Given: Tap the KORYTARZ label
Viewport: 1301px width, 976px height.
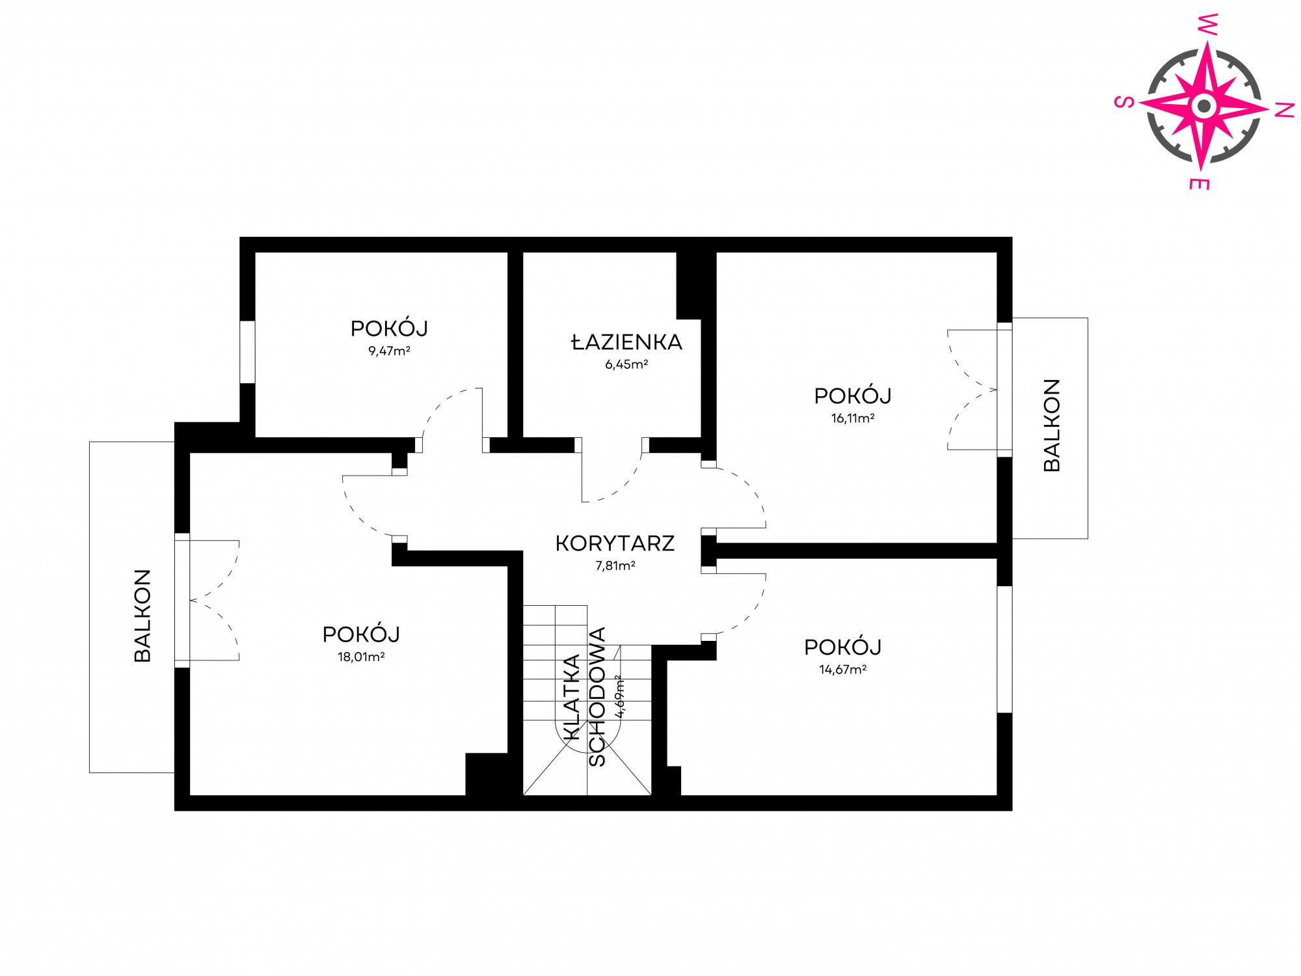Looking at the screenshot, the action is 615,543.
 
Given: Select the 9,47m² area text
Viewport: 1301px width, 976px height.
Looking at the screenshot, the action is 389,351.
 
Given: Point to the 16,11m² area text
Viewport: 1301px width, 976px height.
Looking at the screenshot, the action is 852,418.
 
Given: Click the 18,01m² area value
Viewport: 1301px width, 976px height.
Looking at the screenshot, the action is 361,657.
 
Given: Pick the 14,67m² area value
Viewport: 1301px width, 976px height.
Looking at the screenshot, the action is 842,670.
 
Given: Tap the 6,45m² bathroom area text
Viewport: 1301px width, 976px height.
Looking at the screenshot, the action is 626,364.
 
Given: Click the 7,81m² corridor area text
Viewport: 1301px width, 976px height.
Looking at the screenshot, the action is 615,565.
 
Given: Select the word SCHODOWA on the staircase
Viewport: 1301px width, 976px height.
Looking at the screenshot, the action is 597,697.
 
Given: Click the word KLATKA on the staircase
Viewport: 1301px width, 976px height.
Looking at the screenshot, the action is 570,698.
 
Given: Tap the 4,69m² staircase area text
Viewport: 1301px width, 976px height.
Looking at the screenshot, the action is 620,696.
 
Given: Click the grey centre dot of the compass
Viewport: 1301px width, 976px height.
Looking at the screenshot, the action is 1204,105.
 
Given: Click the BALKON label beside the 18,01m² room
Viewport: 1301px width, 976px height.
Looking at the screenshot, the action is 142,616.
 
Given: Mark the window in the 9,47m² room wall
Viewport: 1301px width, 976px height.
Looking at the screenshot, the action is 247,352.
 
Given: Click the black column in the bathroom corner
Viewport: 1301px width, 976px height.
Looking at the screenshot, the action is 691,285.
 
